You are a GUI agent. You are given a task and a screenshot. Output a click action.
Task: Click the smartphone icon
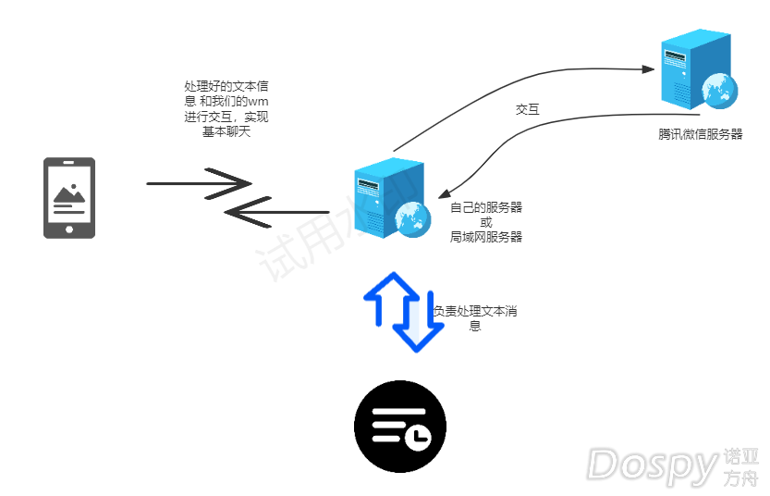pos(69,197)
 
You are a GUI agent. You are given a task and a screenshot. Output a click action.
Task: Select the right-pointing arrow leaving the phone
pos(200,183)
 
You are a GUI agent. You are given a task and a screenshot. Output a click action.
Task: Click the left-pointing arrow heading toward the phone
pos(277,213)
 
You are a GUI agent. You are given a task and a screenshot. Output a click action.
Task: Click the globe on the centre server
pos(412,218)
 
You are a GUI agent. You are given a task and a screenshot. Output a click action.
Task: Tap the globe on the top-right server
pos(719,89)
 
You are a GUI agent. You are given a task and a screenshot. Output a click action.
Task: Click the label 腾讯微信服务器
pos(701,134)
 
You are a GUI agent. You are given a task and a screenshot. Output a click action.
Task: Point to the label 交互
pos(528,109)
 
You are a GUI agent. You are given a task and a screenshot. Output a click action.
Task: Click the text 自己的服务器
pos(486,207)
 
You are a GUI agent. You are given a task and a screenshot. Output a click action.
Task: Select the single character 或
pos(486,222)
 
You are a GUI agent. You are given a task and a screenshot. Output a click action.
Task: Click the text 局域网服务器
pos(486,237)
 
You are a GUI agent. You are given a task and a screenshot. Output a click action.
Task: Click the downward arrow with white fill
pos(417,326)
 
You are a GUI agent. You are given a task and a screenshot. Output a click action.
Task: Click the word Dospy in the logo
pos(653,465)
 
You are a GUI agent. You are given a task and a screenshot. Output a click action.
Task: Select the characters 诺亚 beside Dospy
pos(741,456)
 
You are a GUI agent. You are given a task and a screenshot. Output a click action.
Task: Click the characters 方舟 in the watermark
pos(741,478)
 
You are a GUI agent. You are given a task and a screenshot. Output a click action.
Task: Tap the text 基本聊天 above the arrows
pos(226,131)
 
